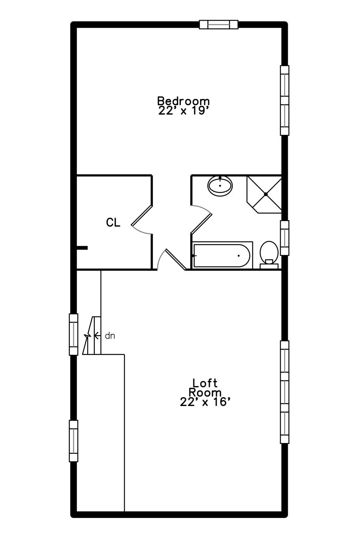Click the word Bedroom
183,101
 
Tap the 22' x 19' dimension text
184,111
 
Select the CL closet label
113,222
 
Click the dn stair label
110,336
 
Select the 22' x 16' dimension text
205,402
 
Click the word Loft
205,382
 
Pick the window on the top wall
219,25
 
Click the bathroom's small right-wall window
284,238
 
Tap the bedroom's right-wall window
284,100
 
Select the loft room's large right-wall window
284,392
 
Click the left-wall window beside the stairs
73,334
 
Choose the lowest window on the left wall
73,441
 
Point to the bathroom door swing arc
203,208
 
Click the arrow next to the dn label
97,336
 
